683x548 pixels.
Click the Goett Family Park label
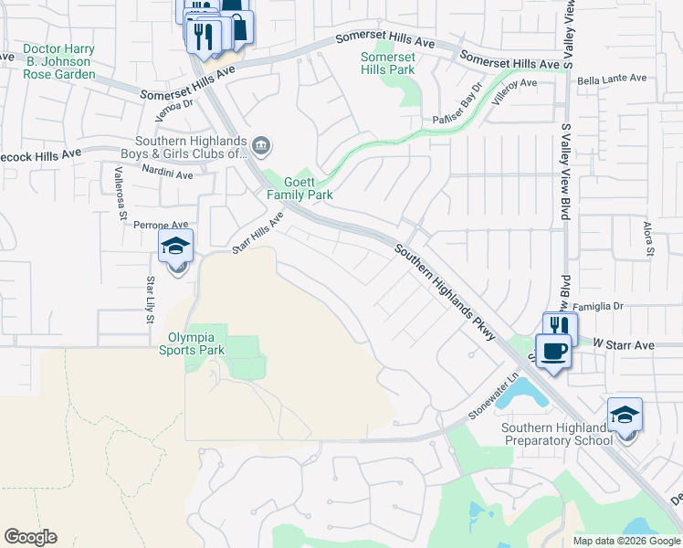pyautogui.click(x=299, y=188)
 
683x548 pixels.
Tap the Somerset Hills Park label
pyautogui.click(x=387, y=63)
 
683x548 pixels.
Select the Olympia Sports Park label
pyautogui.click(x=192, y=342)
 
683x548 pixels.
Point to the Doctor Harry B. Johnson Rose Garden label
pyautogui.click(x=58, y=61)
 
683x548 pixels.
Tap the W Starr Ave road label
pyautogui.click(x=624, y=345)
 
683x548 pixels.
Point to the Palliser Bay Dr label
pyautogui.click(x=457, y=107)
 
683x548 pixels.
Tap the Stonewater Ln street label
pyautogui.click(x=493, y=395)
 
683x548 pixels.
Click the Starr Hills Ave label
pyautogui.click(x=257, y=233)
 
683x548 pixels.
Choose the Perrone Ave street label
pyautogui.click(x=161, y=224)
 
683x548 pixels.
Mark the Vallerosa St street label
pyautogui.click(x=121, y=200)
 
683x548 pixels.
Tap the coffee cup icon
pyautogui.click(x=553, y=349)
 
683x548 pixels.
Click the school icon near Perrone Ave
pyautogui.click(x=175, y=246)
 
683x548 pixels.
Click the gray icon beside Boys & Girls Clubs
pyautogui.click(x=261, y=144)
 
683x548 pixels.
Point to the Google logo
pyautogui.click(x=30, y=537)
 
